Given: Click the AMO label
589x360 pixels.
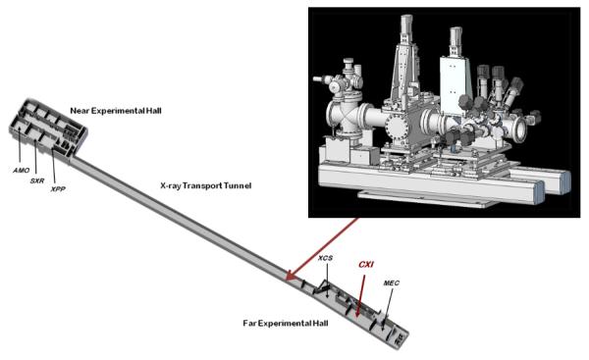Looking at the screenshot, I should coord(19,171).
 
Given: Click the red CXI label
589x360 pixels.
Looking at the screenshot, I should coord(366,263).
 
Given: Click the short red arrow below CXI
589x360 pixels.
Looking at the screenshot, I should coord(359,294).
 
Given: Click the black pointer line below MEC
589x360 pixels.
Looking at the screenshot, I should coord(385,305).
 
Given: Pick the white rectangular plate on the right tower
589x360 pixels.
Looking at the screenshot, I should coord(455,69).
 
